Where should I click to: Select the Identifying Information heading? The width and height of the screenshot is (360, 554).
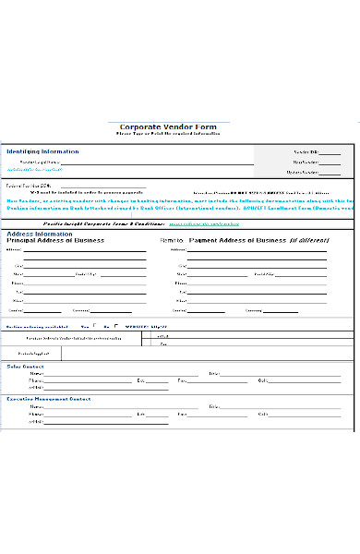pyautogui.click(x=42, y=151)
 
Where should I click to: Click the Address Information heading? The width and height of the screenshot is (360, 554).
pyautogui.click(x=40, y=234)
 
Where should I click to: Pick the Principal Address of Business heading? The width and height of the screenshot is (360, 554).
pyautogui.click(x=56, y=240)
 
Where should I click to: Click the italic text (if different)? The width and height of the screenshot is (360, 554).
pyautogui.click(x=306, y=240)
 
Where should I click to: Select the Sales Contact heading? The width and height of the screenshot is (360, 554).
pyautogui.click(x=26, y=367)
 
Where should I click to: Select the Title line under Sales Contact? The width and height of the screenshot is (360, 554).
pyautogui.click(x=277, y=375)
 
